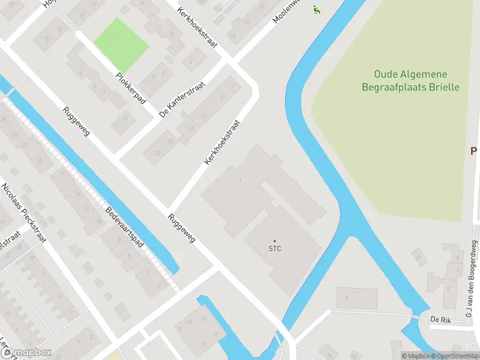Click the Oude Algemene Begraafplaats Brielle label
pyautogui.click(x=410, y=80)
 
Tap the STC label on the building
pyautogui.click(x=275, y=248)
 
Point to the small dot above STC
pyautogui.click(x=275, y=241)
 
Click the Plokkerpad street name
pyautogui.click(x=131, y=88)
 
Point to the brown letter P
pyautogui.click(x=473, y=151)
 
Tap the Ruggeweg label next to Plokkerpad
pyautogui.click(x=76, y=121)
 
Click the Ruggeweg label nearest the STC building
pyautogui.click(x=182, y=229)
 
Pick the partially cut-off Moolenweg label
pyautogui.click(x=284, y=11)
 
